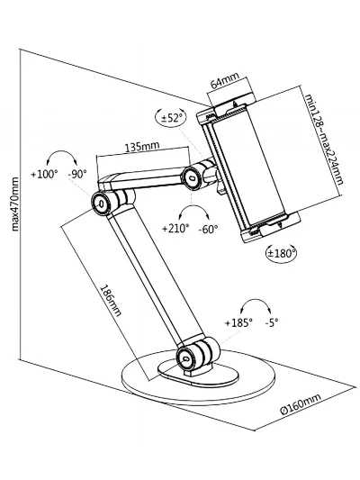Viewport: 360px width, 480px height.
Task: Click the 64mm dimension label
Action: click(225, 80)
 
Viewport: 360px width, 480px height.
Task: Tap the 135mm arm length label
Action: click(142, 147)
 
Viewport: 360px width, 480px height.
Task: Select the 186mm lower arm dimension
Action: click(111, 300)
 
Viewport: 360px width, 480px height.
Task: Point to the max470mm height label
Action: click(14, 204)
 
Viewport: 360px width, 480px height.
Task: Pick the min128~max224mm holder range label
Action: click(324, 139)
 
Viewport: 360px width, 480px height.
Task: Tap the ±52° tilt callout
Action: click(171, 117)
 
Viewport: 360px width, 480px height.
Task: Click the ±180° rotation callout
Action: click(282, 253)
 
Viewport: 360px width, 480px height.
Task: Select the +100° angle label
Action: click(44, 174)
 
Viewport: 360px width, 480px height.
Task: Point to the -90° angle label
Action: click(77, 174)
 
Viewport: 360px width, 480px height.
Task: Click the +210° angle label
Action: click(175, 229)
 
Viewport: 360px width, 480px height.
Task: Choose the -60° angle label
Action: click(208, 229)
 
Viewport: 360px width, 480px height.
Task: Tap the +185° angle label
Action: click(238, 322)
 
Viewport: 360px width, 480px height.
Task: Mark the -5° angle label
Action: click(272, 322)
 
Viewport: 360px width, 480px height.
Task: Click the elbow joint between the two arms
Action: click(101, 203)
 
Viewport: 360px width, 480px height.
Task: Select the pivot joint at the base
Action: click(186, 358)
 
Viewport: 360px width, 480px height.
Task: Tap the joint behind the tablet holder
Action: click(192, 177)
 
